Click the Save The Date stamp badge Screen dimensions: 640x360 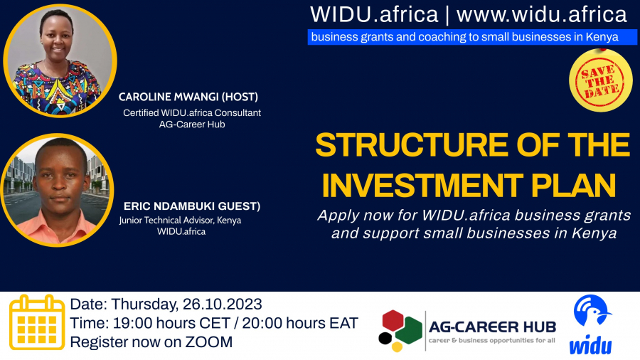coord(600,80)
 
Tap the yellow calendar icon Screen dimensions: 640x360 coord(37,322)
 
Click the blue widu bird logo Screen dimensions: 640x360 coord(592,325)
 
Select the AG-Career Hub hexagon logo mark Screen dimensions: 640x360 coord(400,331)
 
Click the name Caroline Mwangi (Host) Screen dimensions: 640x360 coord(188,97)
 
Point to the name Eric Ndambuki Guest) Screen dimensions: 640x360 coord(192,206)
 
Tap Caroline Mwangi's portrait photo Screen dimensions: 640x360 coord(60,61)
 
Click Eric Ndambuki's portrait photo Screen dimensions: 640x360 coord(58,190)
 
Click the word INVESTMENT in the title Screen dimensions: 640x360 coord(422,186)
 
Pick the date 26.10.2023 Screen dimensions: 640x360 coord(222,304)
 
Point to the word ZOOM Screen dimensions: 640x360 coord(208,342)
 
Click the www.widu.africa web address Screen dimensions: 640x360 coord(541,15)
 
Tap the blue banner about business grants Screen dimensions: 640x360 coord(472,37)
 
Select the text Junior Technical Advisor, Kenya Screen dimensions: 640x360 coord(180,221)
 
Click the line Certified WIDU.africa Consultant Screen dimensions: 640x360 coord(192,112)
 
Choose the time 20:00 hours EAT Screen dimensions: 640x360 coord(300,323)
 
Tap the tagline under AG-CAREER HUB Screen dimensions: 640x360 coord(491,340)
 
